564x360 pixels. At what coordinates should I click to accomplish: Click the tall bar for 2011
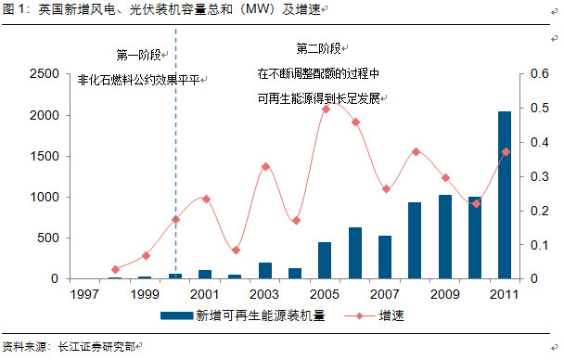pos(505,195)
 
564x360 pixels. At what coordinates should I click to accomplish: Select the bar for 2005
pos(325,261)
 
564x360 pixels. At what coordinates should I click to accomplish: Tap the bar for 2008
pos(415,240)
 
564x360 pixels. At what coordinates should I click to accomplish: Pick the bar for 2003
pos(265,271)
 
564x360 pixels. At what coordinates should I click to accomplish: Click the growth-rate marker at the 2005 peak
pos(327,109)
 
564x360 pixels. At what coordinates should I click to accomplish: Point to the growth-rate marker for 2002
pos(236,251)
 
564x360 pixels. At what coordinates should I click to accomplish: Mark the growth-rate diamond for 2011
pos(506,152)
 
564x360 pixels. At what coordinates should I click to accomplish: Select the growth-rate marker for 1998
pos(115,269)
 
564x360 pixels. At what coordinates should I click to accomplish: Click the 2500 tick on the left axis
pos(45,73)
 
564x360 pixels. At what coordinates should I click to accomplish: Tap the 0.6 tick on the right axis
pos(540,73)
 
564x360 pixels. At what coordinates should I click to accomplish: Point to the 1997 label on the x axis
pos(84,294)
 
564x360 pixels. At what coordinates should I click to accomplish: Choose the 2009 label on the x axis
pos(445,294)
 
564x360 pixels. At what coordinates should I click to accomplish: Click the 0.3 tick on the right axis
pos(540,176)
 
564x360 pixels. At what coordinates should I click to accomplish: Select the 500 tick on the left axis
pos(48,238)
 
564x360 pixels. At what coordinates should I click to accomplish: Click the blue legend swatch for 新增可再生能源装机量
pos(176,315)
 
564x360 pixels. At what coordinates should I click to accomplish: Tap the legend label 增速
pos(391,315)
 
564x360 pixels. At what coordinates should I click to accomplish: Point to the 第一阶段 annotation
pos(138,55)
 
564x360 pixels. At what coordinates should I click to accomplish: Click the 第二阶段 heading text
pos(318,48)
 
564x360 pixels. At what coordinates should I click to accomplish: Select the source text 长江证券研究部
pos(96,347)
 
